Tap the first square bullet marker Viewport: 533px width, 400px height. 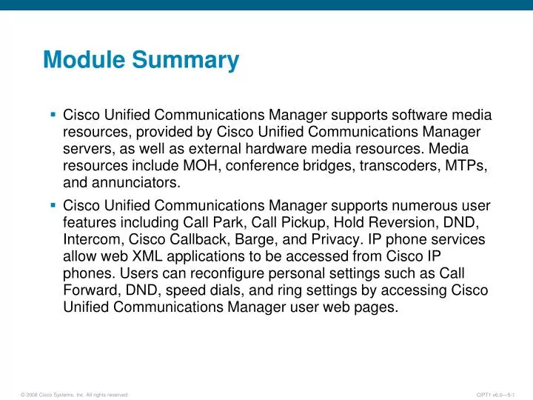pos(53,115)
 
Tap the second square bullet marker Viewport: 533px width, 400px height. pos(53,204)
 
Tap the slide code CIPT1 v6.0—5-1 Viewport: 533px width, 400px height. pos(501,395)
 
